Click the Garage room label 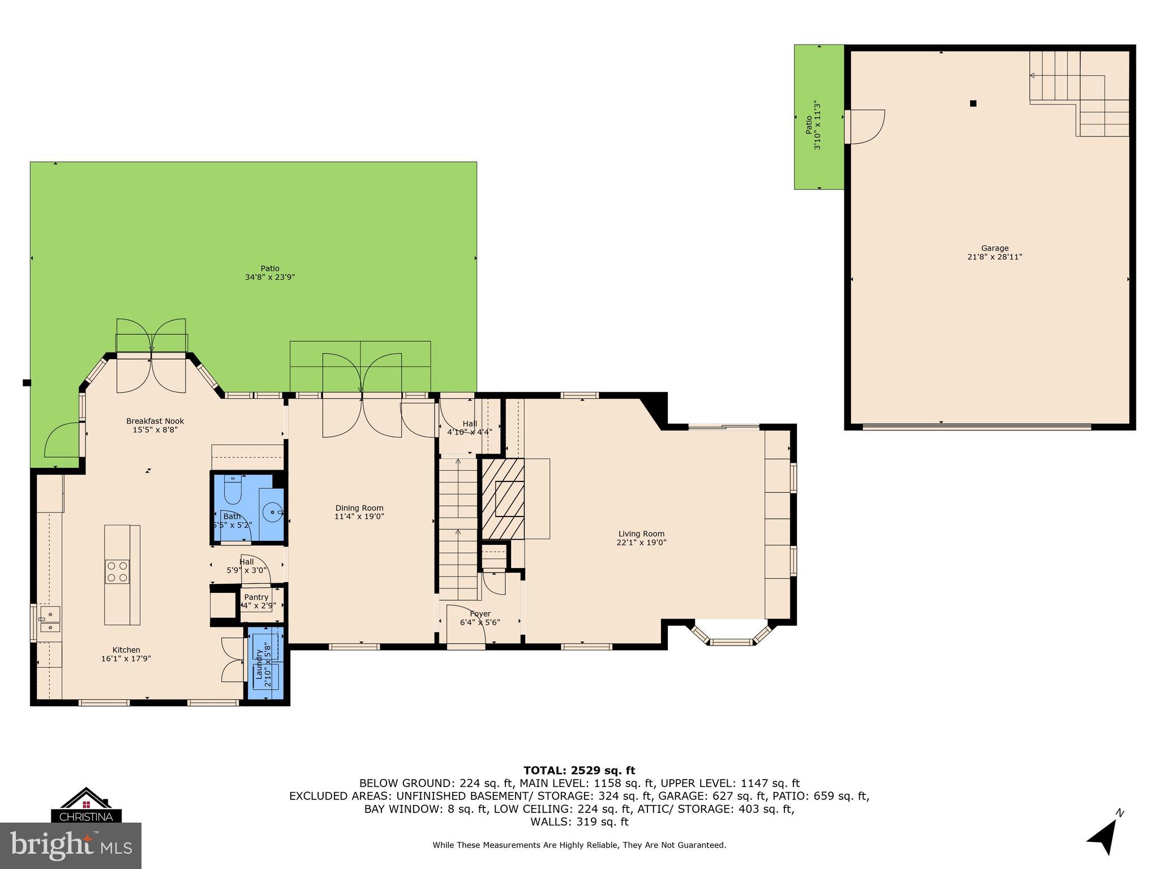(x=994, y=248)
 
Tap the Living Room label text (x=641, y=534)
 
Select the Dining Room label (x=359, y=508)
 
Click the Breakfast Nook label (x=155, y=421)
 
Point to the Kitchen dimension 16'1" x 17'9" (x=126, y=659)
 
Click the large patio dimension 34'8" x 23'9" (x=270, y=277)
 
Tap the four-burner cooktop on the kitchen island (x=117, y=571)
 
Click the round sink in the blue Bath (x=273, y=513)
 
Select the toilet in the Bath (x=233, y=490)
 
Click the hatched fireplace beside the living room (x=503, y=498)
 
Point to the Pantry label (x=256, y=597)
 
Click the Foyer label (x=480, y=614)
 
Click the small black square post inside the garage (x=973, y=104)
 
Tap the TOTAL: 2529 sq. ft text (x=579, y=771)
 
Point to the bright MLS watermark (x=71, y=845)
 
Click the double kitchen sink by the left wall (x=50, y=620)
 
